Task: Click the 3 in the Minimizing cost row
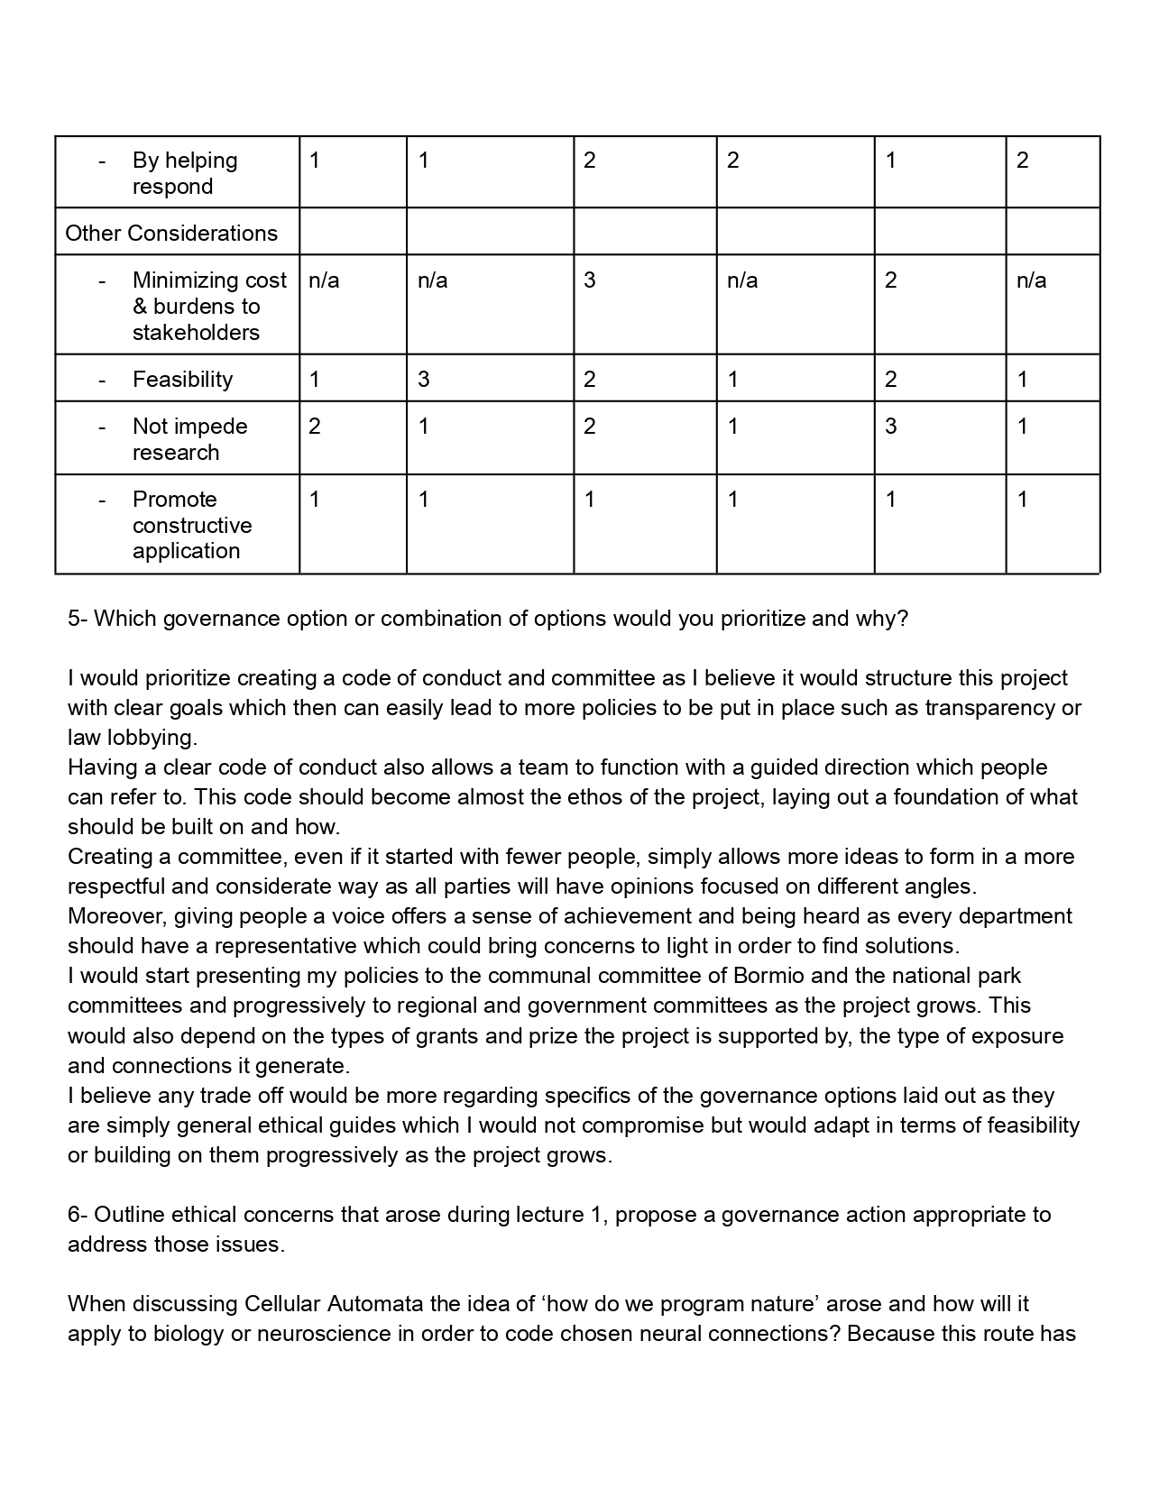[x=589, y=280]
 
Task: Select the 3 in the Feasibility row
[x=424, y=379]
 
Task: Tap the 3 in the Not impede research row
[x=890, y=426]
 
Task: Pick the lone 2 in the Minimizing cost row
[x=890, y=280]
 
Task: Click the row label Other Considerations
[x=171, y=233]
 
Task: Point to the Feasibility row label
[x=182, y=379]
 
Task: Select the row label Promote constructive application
[x=191, y=525]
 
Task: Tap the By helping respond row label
[x=184, y=173]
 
